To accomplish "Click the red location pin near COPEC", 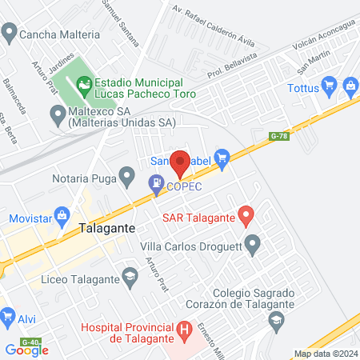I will point(180,163).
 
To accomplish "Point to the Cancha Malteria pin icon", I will point(9,34).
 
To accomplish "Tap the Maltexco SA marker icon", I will point(57,114).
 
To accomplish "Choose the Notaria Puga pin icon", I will point(126,174).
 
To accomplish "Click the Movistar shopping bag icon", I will point(62,218).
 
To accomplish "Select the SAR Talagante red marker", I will point(246,215).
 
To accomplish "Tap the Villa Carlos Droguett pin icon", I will point(254,244).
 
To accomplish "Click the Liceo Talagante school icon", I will point(129,278).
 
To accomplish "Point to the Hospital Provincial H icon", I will point(185,329).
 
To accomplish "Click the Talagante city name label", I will point(109,228).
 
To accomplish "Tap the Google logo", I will point(27,350).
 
